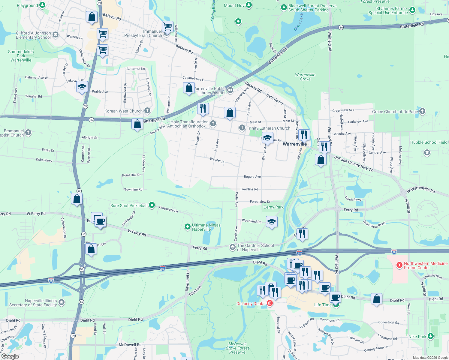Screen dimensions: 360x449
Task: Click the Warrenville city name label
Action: [294, 144]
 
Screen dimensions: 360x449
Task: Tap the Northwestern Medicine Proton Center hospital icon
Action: [399, 265]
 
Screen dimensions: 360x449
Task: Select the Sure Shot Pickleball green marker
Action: [152, 205]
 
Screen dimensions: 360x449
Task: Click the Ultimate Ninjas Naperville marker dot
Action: [188, 227]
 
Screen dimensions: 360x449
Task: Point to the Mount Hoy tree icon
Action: [249, 5]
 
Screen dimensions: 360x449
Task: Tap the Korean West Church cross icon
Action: [147, 111]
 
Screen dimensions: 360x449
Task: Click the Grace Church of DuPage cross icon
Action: [422, 111]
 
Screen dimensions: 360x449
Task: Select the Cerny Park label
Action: [273, 207]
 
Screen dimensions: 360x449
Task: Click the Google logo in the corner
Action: [10, 356]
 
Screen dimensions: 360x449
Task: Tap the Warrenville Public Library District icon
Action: [230, 90]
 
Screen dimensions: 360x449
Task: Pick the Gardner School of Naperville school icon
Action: [232, 247]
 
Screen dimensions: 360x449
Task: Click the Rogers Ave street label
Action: [252, 177]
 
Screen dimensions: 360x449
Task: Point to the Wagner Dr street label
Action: [217, 160]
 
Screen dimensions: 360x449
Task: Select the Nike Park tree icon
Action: [431, 336]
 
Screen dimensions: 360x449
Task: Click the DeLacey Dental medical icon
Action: [270, 303]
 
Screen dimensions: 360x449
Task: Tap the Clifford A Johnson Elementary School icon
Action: [55, 35]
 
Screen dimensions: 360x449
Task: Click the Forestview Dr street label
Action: [260, 202]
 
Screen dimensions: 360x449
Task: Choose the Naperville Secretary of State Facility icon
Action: [62, 302]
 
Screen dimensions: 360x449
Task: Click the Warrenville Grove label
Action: [305, 77]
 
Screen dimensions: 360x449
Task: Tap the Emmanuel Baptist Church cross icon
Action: [28, 132]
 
